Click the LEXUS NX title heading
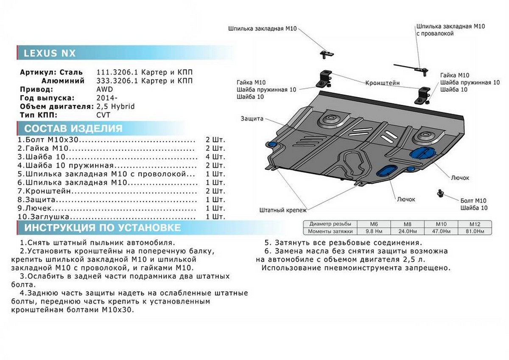tap(50, 53)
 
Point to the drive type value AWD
tap(105, 90)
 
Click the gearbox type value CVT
tap(103, 115)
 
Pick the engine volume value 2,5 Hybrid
tap(115, 107)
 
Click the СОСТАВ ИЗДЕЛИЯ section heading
tap(73, 129)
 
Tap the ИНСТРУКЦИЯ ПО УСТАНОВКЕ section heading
tap(102, 228)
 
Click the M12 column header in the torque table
tap(474, 224)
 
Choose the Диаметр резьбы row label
tap(330, 224)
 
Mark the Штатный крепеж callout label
tap(283, 210)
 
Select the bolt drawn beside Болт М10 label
tap(440, 193)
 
